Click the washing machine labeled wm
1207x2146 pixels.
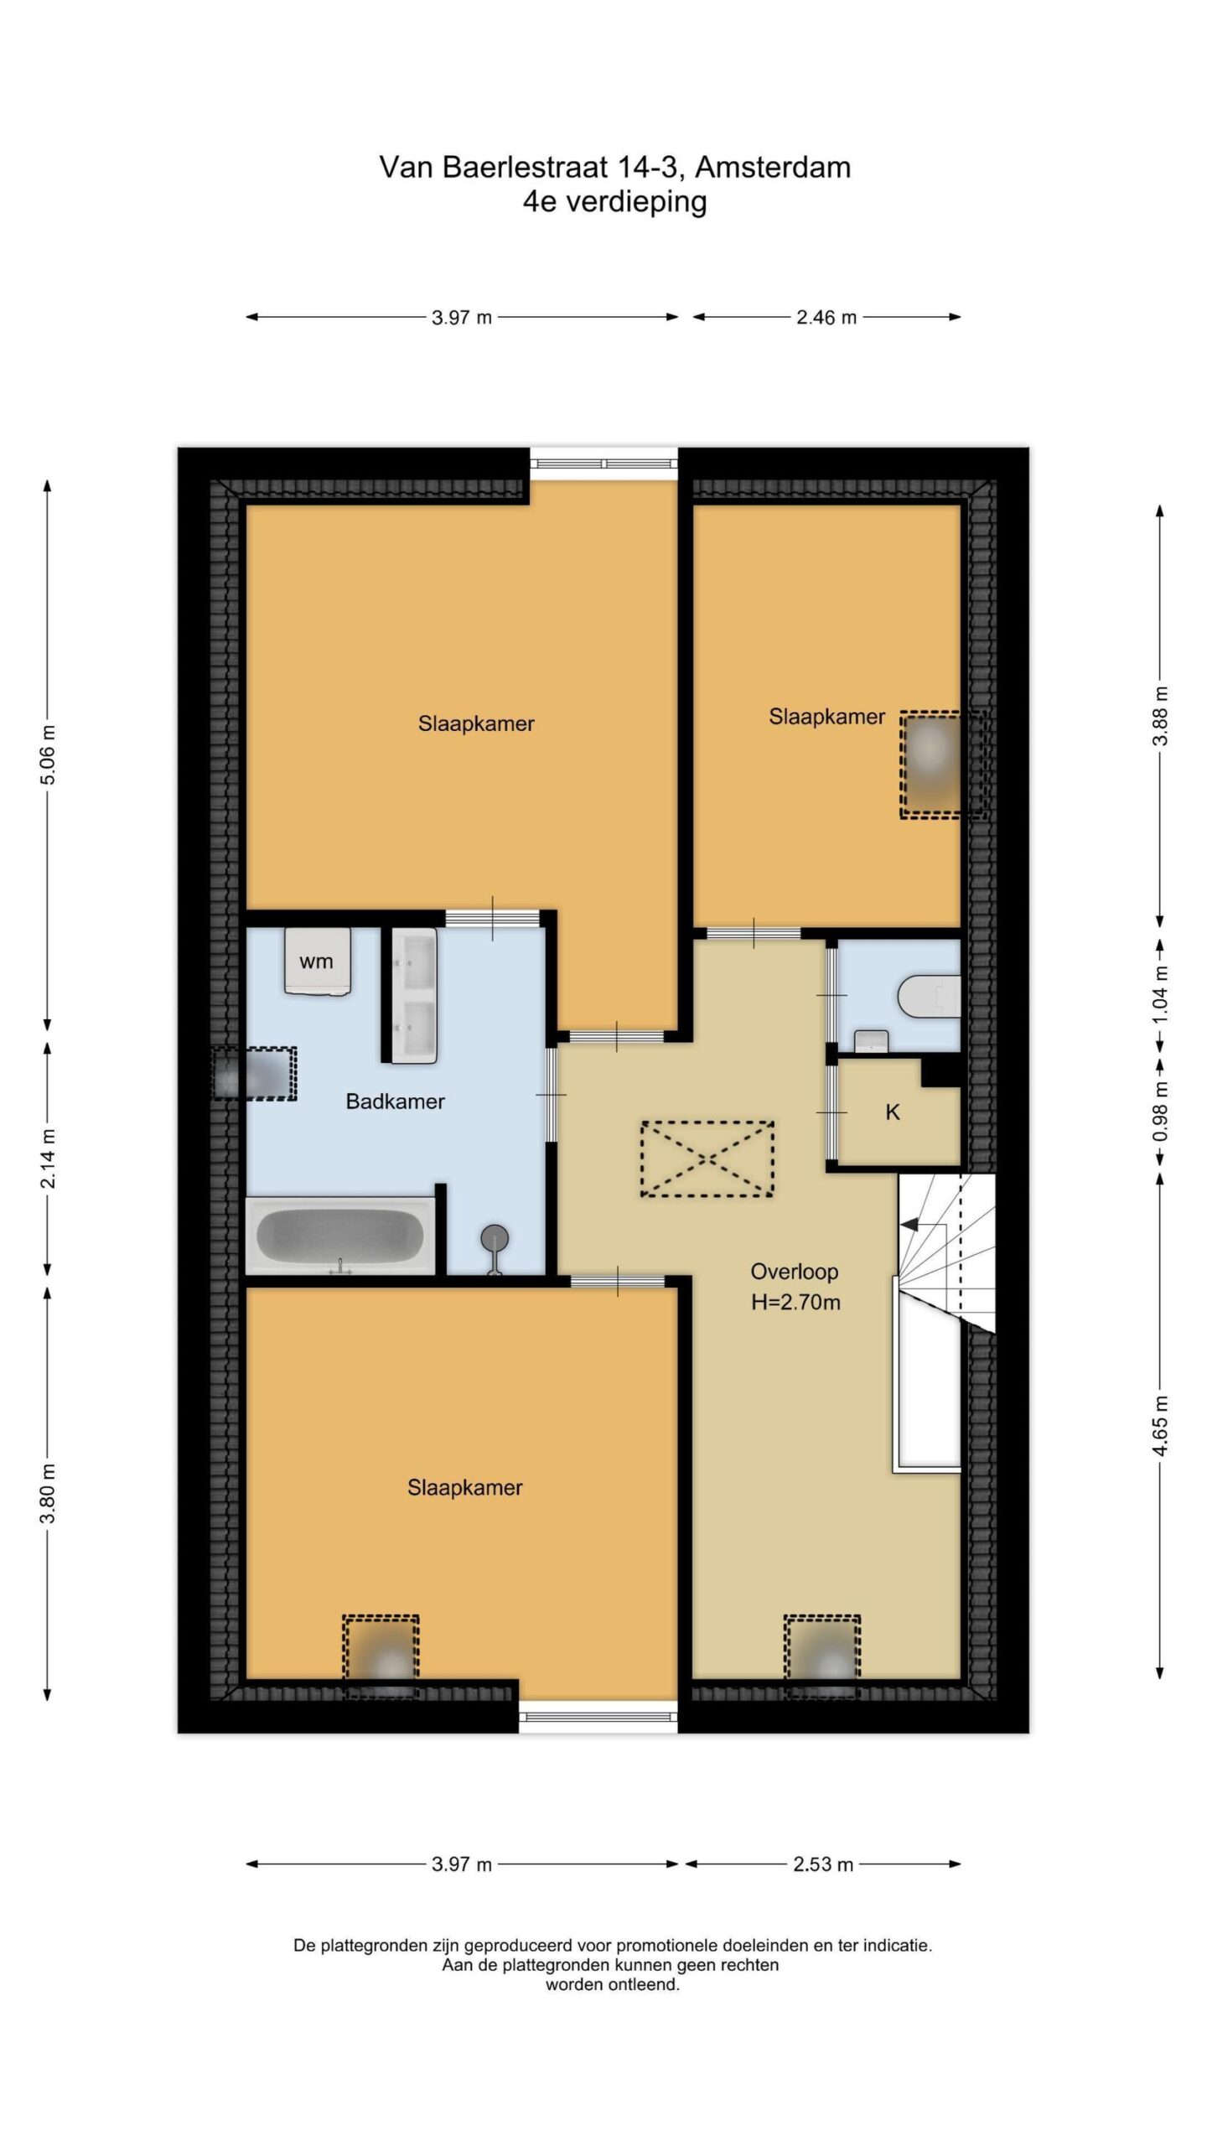click(316, 961)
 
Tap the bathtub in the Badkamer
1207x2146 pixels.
click(339, 1236)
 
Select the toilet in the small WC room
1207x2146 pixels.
click(928, 996)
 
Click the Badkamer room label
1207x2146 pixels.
click(395, 1102)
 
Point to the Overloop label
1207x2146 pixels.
click(794, 1272)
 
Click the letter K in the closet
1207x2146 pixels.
click(893, 1112)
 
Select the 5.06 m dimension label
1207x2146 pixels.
click(49, 754)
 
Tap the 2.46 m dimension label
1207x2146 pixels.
click(826, 317)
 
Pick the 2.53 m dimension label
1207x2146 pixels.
click(823, 1864)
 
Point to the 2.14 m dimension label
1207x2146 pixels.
click(49, 1157)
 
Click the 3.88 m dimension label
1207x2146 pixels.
click(1160, 715)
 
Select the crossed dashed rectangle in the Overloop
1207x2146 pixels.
click(707, 1159)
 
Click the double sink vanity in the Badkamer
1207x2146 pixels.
click(414, 995)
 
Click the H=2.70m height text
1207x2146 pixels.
click(795, 1302)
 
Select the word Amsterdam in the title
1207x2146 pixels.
click(773, 168)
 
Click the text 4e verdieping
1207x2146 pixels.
click(614, 202)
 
